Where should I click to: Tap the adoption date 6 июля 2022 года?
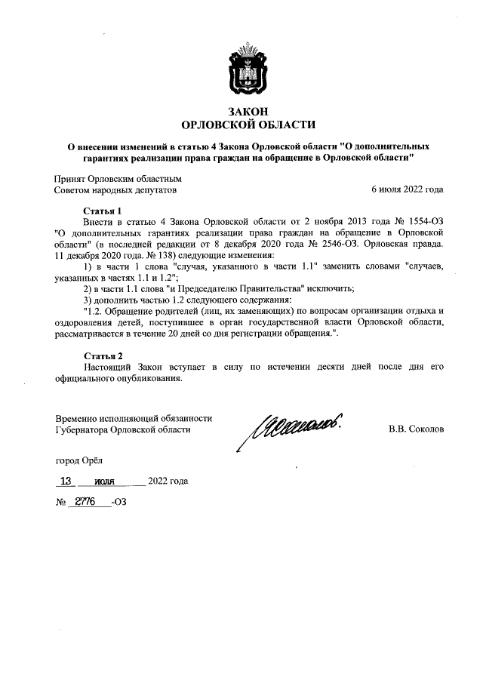point(408,190)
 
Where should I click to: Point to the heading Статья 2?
point(102,355)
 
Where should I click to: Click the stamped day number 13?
point(67,481)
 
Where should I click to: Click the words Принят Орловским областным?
point(118,179)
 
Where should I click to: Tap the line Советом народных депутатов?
point(115,190)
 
